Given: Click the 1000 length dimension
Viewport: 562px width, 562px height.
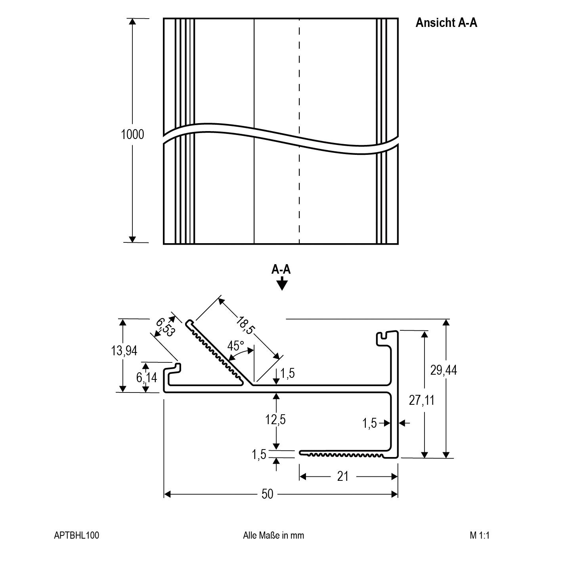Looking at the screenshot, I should (132, 135).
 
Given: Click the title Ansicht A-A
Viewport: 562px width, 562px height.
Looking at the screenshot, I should (446, 23).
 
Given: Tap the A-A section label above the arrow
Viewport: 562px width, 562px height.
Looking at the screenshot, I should (281, 270).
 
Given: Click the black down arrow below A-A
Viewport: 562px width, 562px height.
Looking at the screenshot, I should (281, 284).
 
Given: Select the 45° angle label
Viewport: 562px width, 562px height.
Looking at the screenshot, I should (236, 346).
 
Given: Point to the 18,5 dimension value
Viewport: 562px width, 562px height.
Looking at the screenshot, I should (245, 324).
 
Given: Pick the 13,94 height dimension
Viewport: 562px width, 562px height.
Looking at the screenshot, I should (124, 351).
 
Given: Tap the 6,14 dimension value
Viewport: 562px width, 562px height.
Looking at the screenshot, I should (147, 377).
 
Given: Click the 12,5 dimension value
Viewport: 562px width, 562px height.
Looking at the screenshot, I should (275, 419).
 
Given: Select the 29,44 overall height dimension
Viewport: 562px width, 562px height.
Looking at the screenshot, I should (443, 370).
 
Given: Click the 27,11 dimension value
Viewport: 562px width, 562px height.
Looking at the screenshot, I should (422, 400).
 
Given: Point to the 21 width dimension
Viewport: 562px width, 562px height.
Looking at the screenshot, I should (343, 476).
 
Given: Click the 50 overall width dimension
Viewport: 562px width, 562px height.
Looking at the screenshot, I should (268, 494).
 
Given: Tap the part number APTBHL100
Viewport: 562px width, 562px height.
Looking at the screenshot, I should (76, 535).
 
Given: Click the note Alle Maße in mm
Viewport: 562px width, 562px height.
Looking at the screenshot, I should (273, 535).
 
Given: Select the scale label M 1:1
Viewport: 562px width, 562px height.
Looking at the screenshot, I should (480, 535).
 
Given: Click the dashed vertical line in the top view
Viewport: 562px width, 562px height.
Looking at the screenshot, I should (299, 79).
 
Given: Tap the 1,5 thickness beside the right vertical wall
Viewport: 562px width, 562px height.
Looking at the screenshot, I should (369, 423).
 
